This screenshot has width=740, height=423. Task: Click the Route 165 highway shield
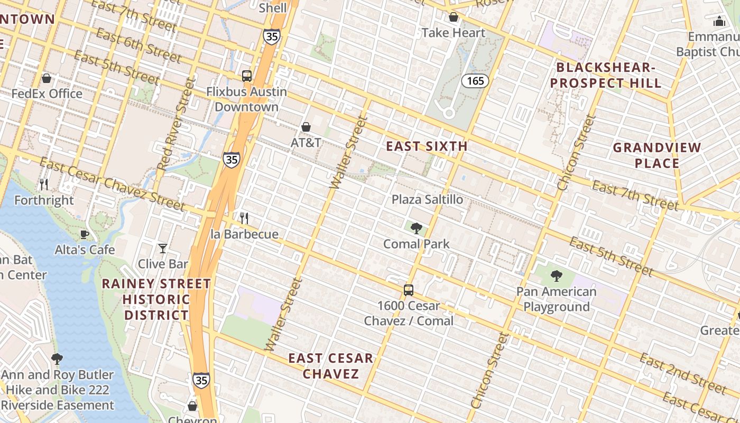pos(475,81)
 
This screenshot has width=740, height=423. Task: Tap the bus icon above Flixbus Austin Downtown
pos(247,76)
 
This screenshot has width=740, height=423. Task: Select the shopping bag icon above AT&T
pos(306,127)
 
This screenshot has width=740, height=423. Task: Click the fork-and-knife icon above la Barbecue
pos(244,218)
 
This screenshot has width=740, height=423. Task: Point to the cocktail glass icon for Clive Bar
pos(163,248)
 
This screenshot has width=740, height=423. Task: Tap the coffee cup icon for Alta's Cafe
pos(84,234)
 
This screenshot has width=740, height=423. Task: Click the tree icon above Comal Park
pos(417,228)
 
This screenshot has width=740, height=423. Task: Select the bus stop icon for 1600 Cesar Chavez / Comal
pos(409,290)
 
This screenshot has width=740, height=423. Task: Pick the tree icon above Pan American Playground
pos(556,275)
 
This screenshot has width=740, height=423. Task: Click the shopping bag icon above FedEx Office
pos(47,78)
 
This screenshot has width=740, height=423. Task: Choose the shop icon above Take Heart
pos(453,17)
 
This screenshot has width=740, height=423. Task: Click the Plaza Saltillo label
pos(427,199)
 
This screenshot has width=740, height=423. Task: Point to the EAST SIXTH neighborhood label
pos(427,146)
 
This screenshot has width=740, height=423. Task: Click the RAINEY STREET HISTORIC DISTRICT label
pos(156,299)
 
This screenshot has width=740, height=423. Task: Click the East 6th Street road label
pos(139,45)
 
